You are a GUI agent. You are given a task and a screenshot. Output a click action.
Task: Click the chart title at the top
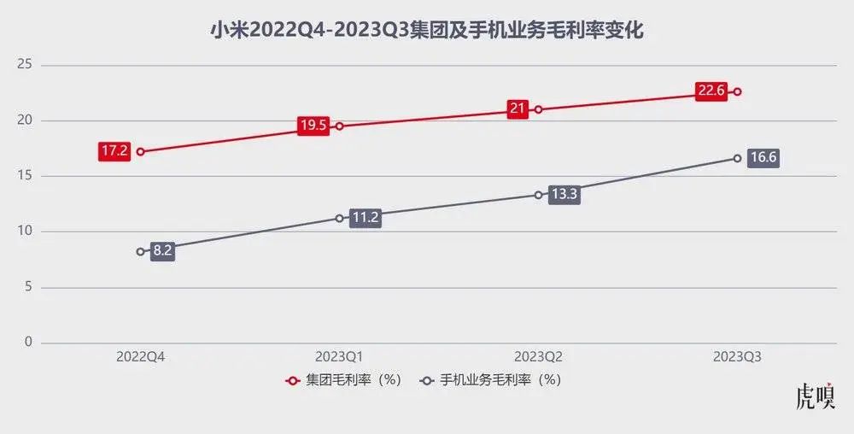426,32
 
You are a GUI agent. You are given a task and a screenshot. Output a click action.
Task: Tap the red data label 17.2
114,152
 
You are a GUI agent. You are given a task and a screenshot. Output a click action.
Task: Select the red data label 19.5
313,126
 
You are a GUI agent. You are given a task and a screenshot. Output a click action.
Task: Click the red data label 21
518,108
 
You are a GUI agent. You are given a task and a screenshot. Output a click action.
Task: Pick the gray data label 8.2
162,252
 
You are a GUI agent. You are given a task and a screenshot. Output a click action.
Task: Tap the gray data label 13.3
564,194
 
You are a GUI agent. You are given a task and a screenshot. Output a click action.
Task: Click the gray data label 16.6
763,158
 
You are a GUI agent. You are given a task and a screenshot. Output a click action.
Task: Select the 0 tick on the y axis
27,343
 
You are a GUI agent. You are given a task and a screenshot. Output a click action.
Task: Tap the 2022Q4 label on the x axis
141,359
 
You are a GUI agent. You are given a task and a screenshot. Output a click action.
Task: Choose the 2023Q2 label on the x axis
538,359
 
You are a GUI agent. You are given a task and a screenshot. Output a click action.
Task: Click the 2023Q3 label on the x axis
737,359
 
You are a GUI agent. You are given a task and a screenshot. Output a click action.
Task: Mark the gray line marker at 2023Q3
737,158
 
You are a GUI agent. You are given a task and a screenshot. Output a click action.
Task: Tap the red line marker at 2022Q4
140,152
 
